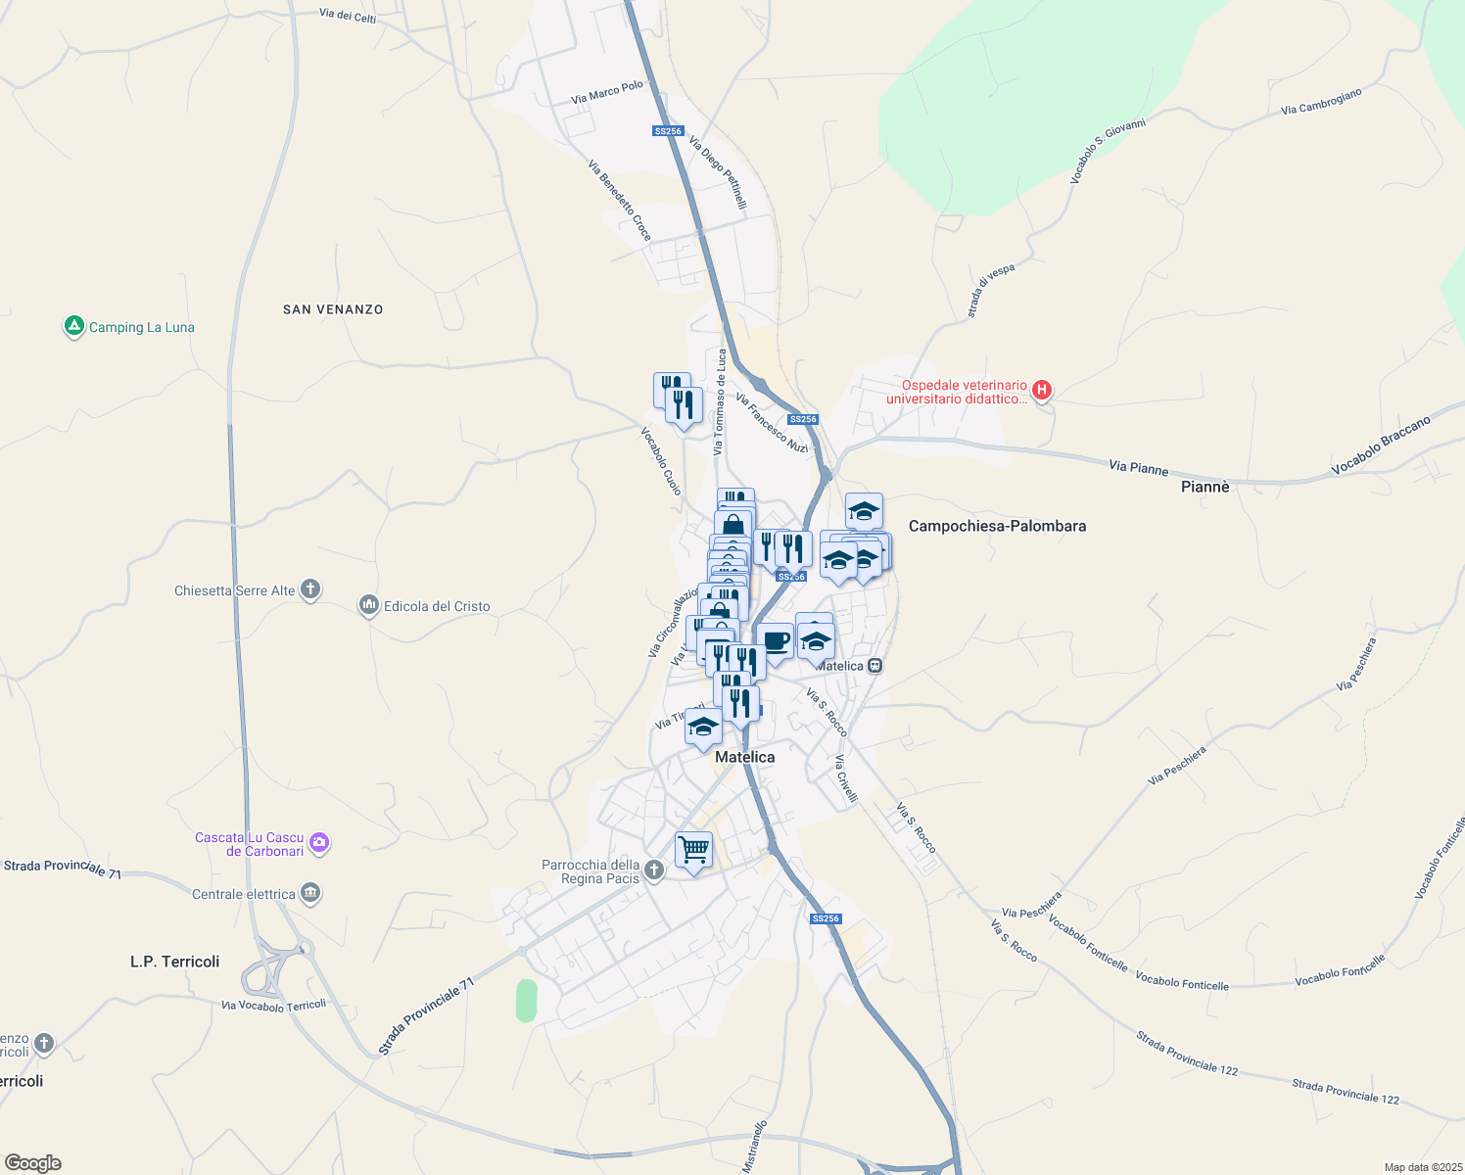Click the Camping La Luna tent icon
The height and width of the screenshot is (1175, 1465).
73,326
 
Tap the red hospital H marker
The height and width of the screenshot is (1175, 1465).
1042,391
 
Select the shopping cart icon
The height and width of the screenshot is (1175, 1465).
693,850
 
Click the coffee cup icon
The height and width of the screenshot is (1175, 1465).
776,642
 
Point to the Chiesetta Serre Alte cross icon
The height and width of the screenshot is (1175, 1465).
310,589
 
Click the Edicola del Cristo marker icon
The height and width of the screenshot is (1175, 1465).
369,606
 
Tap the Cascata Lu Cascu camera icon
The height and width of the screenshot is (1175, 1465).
319,843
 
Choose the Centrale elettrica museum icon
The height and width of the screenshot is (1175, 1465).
311,893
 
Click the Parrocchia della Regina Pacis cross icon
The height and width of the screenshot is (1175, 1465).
655,869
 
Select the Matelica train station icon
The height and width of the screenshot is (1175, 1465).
875,666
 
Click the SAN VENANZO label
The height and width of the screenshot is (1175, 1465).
333,309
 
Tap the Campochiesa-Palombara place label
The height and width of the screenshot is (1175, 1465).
997,526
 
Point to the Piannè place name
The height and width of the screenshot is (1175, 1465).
1205,487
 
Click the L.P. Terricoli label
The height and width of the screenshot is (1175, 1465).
175,962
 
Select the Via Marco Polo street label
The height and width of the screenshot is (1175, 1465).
607,92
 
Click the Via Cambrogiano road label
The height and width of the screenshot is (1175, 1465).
1321,102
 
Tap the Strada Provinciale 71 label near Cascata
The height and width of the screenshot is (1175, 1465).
63,869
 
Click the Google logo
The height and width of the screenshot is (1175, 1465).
32,1163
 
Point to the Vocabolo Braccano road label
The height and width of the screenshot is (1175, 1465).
1381,446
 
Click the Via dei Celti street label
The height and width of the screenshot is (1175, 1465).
348,16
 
